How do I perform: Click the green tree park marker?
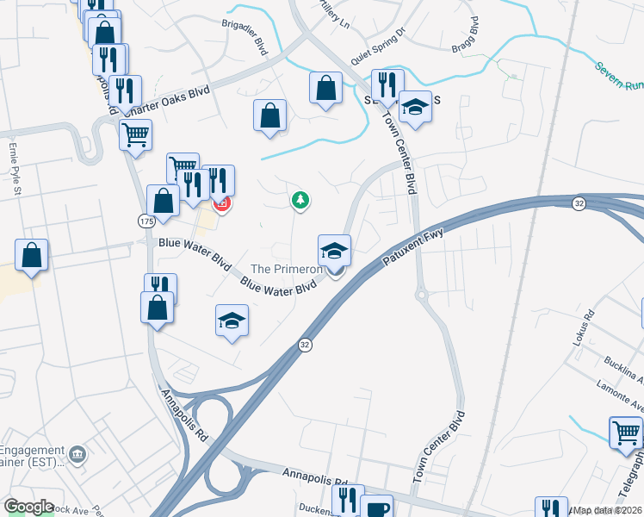[x=300, y=201]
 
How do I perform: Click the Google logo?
[x=28, y=507]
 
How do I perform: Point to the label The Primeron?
[x=286, y=270]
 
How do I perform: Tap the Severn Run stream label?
[x=619, y=74]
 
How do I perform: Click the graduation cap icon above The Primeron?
[x=335, y=250]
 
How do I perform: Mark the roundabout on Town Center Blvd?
[x=422, y=295]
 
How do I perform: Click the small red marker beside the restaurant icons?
[x=221, y=204]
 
